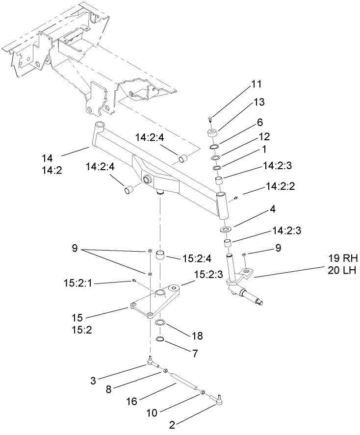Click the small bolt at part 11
pyautogui.click(x=210, y=118)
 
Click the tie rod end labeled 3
pyautogui.click(x=151, y=363)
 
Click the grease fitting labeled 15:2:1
pyautogui.click(x=133, y=281)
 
